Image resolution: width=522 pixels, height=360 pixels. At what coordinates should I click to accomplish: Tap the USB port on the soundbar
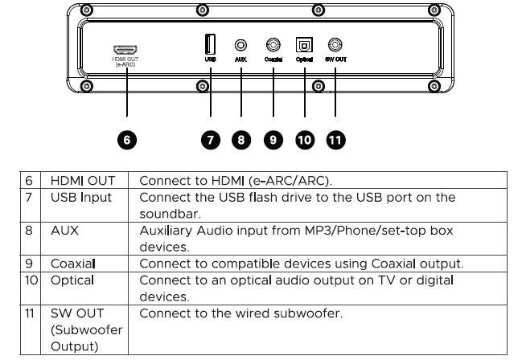tap(209, 45)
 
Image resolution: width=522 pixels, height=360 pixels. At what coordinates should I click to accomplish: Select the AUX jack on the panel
tap(240, 46)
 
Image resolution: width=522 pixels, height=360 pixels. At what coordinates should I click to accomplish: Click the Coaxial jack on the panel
tap(273, 46)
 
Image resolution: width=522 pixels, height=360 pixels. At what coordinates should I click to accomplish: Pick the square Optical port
tap(306, 46)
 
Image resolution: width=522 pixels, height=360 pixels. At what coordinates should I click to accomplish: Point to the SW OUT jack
tap(335, 46)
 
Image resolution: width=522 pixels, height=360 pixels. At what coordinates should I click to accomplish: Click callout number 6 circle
tap(127, 141)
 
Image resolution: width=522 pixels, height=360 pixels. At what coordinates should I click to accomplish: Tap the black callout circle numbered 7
tap(210, 141)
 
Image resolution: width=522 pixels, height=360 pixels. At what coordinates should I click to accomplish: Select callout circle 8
tap(241, 141)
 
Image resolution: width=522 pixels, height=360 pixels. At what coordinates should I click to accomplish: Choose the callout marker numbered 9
tap(273, 141)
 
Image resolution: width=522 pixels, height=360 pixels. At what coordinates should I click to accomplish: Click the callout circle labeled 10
tap(305, 141)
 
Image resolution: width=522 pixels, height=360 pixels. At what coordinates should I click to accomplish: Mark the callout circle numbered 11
tap(335, 141)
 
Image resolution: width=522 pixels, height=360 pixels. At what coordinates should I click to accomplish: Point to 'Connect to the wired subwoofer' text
tap(241, 313)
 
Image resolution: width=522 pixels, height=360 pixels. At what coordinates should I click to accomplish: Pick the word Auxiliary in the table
tap(165, 231)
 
